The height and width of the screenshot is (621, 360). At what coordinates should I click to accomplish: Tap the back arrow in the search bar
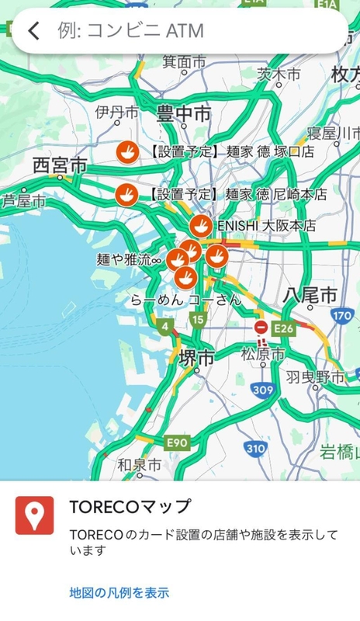click(x=33, y=31)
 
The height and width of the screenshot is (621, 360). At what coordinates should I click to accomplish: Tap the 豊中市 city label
click(x=183, y=114)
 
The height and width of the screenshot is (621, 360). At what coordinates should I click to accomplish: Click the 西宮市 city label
click(x=60, y=165)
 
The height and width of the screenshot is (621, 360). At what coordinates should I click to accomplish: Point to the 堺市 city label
click(x=196, y=358)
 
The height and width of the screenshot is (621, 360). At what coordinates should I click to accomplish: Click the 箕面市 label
click(x=184, y=61)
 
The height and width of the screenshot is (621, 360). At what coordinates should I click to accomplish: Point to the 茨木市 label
click(x=279, y=75)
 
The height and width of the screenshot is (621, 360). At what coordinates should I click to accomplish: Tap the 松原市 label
click(x=262, y=354)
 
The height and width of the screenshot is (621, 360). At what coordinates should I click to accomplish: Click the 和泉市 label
click(x=140, y=465)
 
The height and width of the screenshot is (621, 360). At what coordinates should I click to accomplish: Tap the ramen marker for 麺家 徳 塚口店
click(x=126, y=151)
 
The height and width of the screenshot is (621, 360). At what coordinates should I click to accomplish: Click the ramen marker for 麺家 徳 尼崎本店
click(x=126, y=194)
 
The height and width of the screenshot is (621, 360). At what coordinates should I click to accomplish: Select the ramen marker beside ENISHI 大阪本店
click(x=200, y=226)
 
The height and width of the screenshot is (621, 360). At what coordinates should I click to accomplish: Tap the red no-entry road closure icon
click(x=261, y=328)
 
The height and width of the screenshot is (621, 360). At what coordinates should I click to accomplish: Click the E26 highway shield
click(x=284, y=328)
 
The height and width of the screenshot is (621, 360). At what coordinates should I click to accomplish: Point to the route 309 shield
click(x=263, y=390)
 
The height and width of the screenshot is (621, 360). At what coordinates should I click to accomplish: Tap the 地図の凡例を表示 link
click(x=119, y=593)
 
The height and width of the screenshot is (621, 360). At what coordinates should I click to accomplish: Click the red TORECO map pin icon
click(x=34, y=515)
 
